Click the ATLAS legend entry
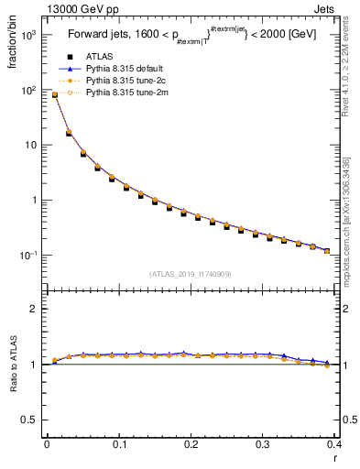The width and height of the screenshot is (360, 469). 100,56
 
